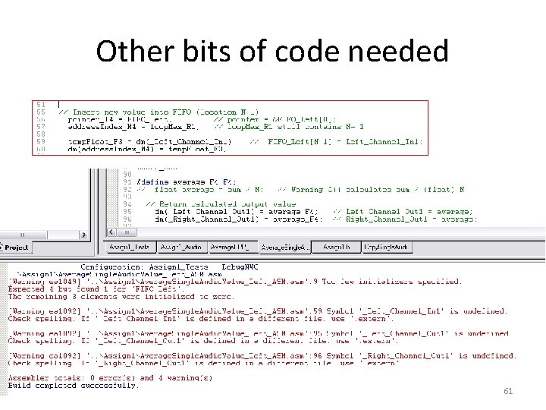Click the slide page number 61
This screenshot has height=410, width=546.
508,391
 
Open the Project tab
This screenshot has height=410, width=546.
16,247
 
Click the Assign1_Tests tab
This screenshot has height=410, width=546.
130,248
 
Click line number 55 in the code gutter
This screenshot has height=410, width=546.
42,112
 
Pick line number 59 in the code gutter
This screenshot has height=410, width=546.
42,141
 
